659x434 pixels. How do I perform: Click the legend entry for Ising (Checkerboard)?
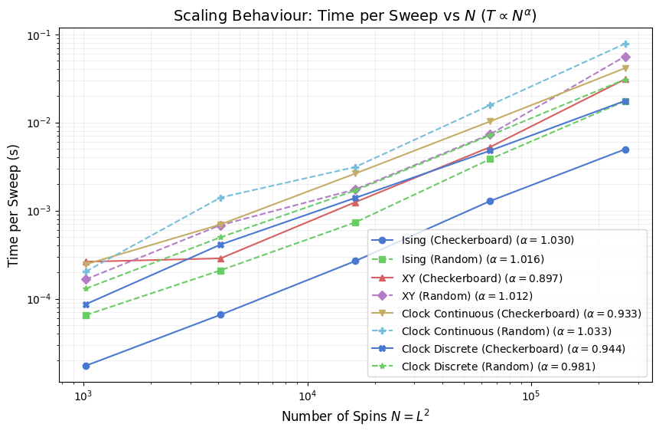coord(488,240)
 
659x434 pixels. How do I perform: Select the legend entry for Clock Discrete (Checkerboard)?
coord(513,349)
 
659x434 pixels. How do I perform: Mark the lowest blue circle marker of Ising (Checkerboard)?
coord(86,366)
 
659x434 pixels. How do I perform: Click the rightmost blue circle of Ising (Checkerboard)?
coord(625,150)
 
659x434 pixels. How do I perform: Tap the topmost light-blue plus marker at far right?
coord(625,44)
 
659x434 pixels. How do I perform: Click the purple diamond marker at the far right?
coord(625,57)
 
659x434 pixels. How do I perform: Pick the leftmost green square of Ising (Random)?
coord(86,315)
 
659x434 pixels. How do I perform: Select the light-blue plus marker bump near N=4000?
coord(220,198)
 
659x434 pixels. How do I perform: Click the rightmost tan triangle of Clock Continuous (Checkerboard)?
coord(625,69)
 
